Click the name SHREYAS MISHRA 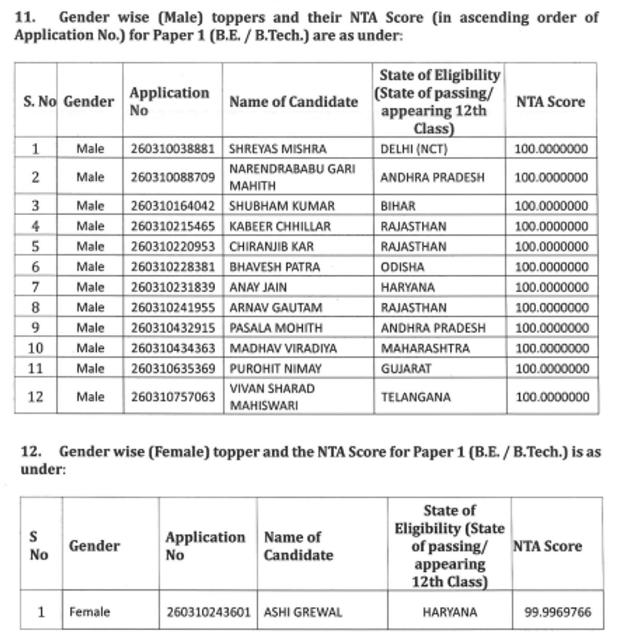pyautogui.click(x=277, y=149)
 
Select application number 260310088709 pyautogui.click(x=172, y=177)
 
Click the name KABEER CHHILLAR pyautogui.click(x=279, y=226)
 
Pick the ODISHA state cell pyautogui.click(x=402, y=267)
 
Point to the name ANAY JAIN pyautogui.click(x=258, y=287)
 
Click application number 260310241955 pyautogui.click(x=172, y=307)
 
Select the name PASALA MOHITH pyautogui.click(x=276, y=328)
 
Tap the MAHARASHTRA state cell pyautogui.click(x=425, y=348)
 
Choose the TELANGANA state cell pyautogui.click(x=416, y=397)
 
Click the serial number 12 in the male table pyautogui.click(x=35, y=397)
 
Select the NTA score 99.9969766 pyautogui.click(x=557, y=612)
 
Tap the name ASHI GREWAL pyautogui.click(x=303, y=612)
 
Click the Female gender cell pyautogui.click(x=90, y=612)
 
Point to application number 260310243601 pyautogui.click(x=208, y=612)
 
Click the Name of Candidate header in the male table pyautogui.click(x=293, y=101)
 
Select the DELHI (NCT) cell pyautogui.click(x=413, y=149)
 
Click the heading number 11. pyautogui.click(x=25, y=17)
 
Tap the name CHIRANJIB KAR pyautogui.click(x=271, y=246)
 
